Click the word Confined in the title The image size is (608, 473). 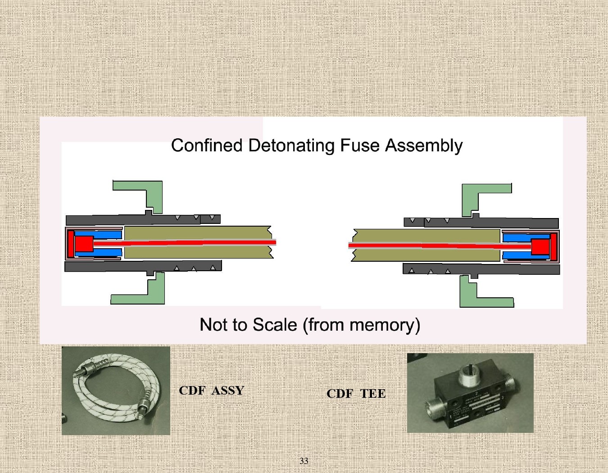pos(207,146)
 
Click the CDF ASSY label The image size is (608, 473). pos(211,390)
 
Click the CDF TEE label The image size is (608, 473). pos(356,393)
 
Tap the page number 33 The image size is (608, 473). pos(304,461)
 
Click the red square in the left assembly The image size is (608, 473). pos(84,244)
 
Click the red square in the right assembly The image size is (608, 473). pos(540,246)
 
